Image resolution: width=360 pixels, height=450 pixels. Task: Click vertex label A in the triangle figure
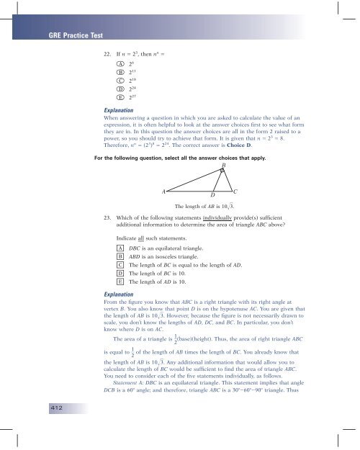[164, 192]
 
